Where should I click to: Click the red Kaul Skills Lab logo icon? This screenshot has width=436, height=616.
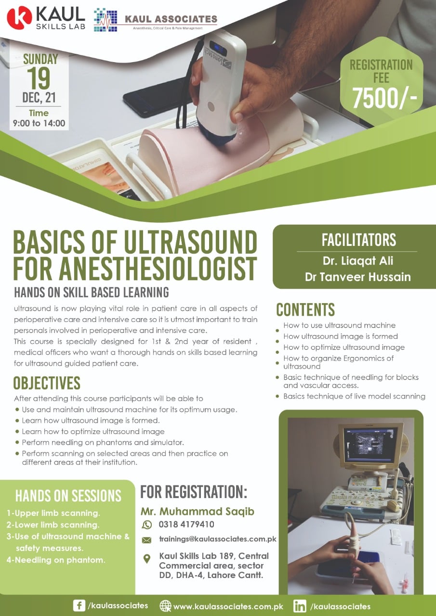[x=19, y=18]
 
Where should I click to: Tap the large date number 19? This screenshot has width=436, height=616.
[x=39, y=78]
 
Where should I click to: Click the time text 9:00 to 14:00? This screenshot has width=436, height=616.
[x=39, y=123]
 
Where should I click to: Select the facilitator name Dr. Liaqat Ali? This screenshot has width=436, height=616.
[x=358, y=261]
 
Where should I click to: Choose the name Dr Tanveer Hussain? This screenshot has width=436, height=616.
[x=358, y=277]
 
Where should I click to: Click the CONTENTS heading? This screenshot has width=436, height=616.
[x=305, y=309]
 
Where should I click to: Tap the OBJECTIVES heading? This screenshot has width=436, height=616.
[x=47, y=383]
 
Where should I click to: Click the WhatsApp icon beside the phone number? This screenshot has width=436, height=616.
[x=147, y=525]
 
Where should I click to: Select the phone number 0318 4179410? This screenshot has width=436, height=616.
[x=186, y=525]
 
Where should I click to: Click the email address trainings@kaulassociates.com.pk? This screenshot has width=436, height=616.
[x=218, y=539]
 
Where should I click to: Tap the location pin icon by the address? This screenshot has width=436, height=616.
[x=147, y=559]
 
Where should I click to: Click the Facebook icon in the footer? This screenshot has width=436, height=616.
[x=79, y=606]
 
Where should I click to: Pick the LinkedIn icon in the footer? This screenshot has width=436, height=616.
[x=300, y=606]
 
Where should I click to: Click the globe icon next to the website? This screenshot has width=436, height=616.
[x=165, y=606]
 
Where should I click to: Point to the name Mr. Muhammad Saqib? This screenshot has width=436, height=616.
[x=198, y=512]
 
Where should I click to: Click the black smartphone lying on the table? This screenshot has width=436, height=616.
[x=154, y=103]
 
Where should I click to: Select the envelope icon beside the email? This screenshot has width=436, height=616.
[x=147, y=540]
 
